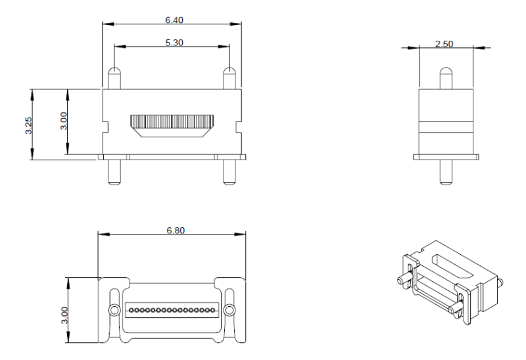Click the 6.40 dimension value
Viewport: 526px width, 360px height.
(174, 20)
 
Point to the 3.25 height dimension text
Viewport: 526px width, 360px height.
(28, 125)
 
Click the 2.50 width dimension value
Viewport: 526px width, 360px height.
(445, 43)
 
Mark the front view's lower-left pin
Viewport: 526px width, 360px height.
(114, 171)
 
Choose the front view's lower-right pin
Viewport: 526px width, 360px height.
(229, 171)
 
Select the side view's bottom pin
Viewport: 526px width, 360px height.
(446, 172)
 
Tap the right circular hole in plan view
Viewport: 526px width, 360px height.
(229, 309)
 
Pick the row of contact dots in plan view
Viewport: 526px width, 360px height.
(172, 309)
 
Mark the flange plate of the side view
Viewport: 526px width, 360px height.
(446, 156)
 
